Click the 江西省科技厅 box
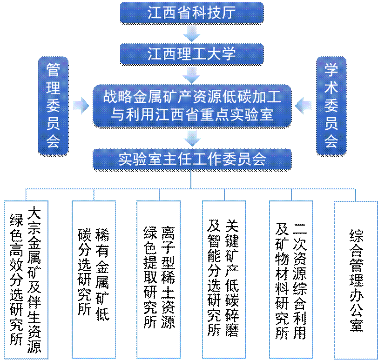(192, 13)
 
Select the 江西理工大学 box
(192, 54)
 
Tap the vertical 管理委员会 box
(53, 105)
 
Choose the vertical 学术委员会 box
(331, 105)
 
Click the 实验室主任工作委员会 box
(192, 160)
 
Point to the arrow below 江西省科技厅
(191, 33)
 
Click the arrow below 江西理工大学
(191, 74)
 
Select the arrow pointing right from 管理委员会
(81, 105)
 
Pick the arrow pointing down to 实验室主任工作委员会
(191, 138)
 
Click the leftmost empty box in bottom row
(26, 280)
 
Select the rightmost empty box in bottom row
(355, 280)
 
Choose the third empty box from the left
(158, 280)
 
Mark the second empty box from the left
(94, 280)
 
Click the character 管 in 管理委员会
(53, 70)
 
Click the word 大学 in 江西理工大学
(222, 54)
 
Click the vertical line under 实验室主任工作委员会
(191, 179)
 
